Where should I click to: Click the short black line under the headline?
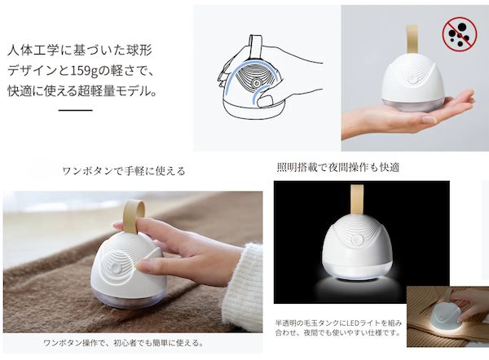pos(76,110)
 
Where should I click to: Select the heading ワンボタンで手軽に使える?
pos(124,171)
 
